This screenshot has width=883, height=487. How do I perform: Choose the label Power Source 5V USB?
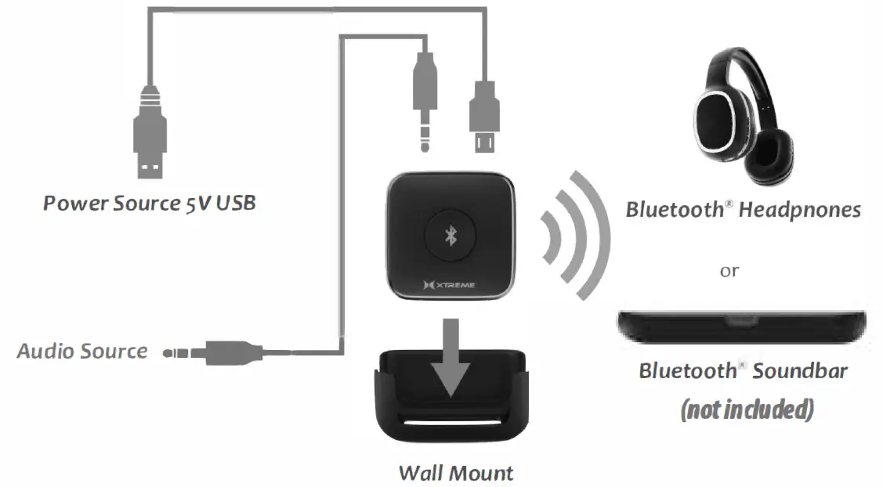tap(149, 204)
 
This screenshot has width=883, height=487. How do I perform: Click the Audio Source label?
tap(82, 351)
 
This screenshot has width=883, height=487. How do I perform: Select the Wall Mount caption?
tap(455, 473)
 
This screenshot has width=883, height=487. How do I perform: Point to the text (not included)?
tap(746, 409)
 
